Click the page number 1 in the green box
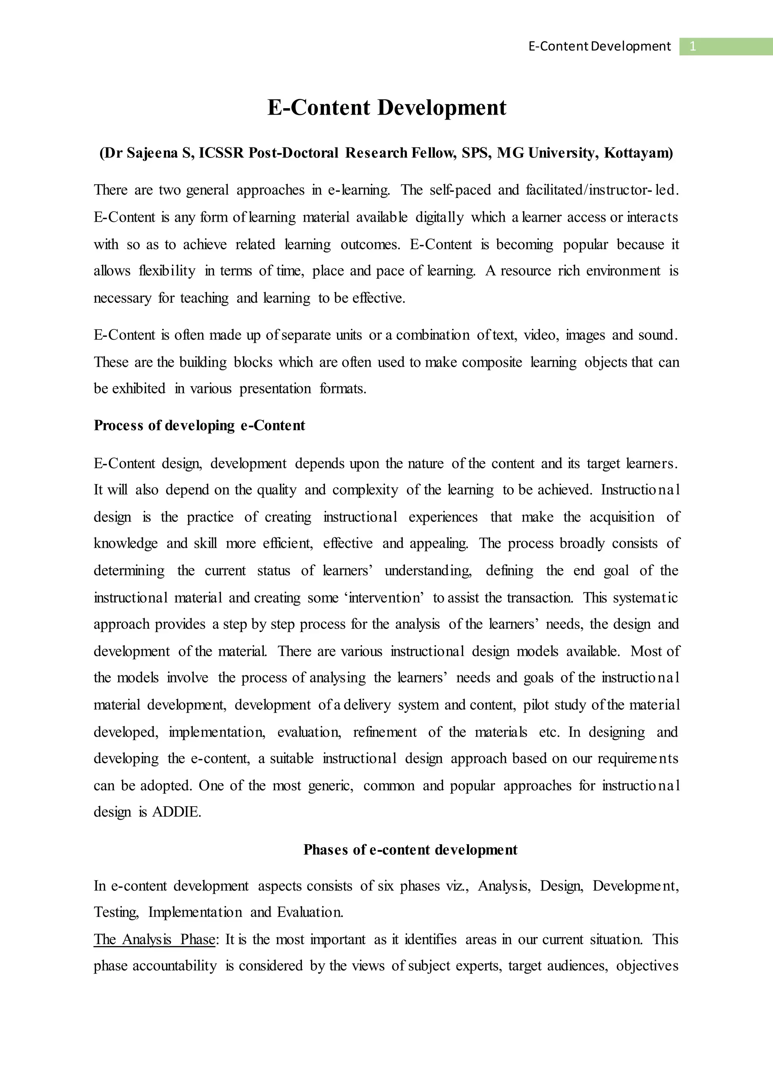click(693, 46)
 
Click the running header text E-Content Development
click(599, 46)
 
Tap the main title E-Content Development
click(386, 107)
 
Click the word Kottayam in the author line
click(637, 153)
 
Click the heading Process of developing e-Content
click(199, 425)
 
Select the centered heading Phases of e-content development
click(410, 850)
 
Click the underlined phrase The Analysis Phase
click(154, 939)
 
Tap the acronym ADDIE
click(176, 812)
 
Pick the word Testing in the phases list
click(115, 912)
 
